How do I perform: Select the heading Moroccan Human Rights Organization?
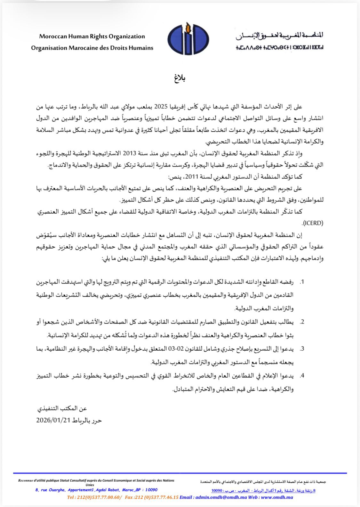coord(92,36)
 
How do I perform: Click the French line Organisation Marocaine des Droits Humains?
coord(92,48)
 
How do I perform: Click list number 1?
coord(301,282)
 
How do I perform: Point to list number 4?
coord(301,376)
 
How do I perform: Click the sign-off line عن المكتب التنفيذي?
coord(62,408)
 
